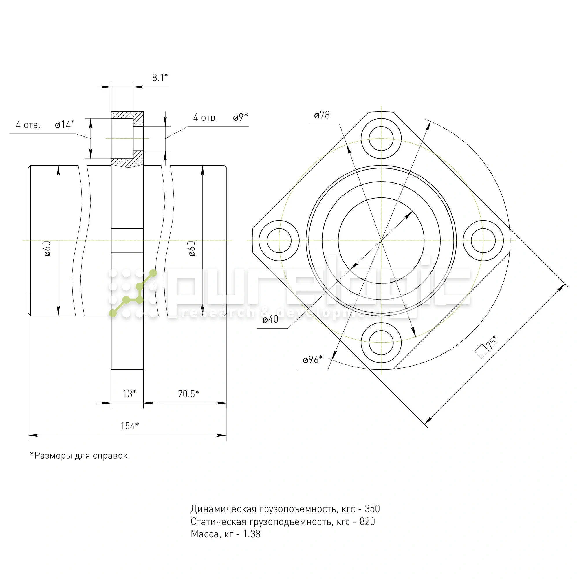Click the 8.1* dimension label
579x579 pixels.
tap(160, 78)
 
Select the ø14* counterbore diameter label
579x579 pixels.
tap(65, 124)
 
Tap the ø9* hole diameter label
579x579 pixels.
tap(240, 117)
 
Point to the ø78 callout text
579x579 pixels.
tap(322, 115)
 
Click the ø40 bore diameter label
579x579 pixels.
tap(270, 320)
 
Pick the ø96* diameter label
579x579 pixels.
tap(313, 359)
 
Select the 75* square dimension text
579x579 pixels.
tap(491, 343)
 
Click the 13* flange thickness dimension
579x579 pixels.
tap(129, 393)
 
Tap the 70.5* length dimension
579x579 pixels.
tap(188, 394)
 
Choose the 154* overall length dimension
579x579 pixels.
tap(129, 426)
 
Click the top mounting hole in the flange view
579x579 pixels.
tap(381, 138)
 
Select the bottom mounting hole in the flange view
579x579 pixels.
tap(381, 342)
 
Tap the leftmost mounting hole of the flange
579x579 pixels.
tap(279, 241)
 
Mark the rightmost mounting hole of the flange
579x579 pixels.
tap(483, 241)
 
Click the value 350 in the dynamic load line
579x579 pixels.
tap(372, 509)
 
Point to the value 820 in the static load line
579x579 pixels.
tap(367, 522)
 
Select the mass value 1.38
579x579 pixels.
tap(252, 534)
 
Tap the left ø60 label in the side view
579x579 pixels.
tap(47, 249)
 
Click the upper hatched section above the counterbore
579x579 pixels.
tap(127, 115)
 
